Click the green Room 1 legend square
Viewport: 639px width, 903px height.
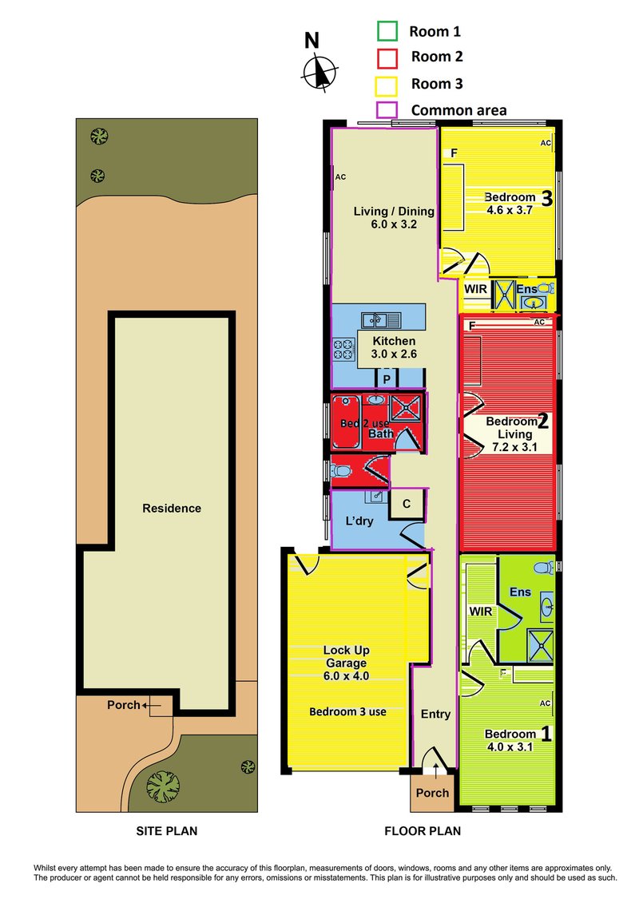point(387,31)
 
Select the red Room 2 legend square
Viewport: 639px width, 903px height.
point(387,57)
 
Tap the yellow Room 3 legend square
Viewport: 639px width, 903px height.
point(386,85)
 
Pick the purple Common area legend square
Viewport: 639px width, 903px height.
point(386,110)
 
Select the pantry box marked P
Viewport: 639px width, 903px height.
point(387,378)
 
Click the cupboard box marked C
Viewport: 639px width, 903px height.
point(407,504)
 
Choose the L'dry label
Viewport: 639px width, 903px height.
point(359,521)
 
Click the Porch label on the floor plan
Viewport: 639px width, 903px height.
point(432,793)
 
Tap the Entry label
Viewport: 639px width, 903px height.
point(435,714)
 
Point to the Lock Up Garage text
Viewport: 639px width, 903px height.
point(346,656)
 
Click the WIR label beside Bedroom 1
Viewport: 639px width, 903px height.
point(481,611)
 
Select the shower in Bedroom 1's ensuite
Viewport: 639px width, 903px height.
point(541,647)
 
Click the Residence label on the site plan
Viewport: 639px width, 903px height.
point(172,508)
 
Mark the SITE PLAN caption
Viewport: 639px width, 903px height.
point(166,831)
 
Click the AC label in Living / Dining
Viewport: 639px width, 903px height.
point(340,176)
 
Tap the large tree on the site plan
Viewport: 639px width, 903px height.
point(163,786)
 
